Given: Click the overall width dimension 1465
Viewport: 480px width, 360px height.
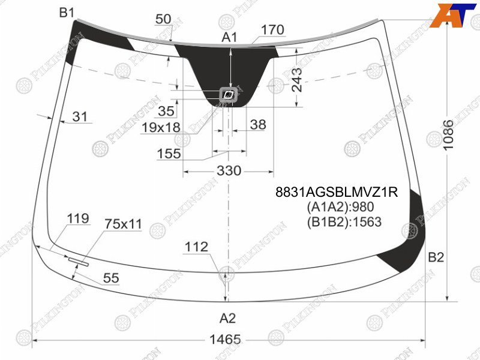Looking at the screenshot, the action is [225, 340].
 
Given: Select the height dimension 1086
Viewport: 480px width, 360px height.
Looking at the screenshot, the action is [448, 134].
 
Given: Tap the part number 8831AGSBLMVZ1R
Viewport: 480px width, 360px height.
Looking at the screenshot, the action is [337, 192].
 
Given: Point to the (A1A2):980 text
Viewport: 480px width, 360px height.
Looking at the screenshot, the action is [340, 207].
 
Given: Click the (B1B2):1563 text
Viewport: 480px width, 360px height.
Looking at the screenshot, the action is [344, 222].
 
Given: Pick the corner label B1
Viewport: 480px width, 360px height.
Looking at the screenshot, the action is [67, 13].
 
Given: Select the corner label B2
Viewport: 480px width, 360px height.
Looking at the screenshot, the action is [436, 257].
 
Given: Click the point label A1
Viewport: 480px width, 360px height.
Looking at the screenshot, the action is [229, 37].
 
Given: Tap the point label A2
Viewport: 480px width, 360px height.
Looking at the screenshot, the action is [227, 319].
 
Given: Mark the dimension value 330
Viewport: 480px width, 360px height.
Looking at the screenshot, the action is [229, 170].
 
